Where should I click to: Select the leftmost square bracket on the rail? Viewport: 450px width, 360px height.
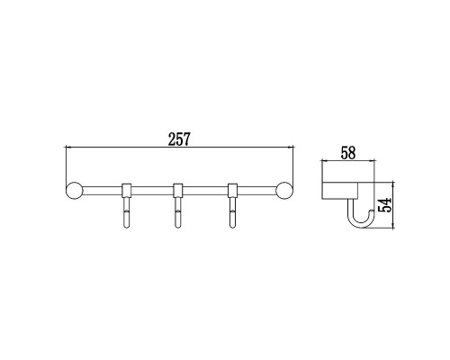(x=127, y=189)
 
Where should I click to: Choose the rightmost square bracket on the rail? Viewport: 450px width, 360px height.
(x=233, y=189)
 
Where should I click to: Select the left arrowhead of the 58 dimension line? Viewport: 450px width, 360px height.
(x=325, y=163)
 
